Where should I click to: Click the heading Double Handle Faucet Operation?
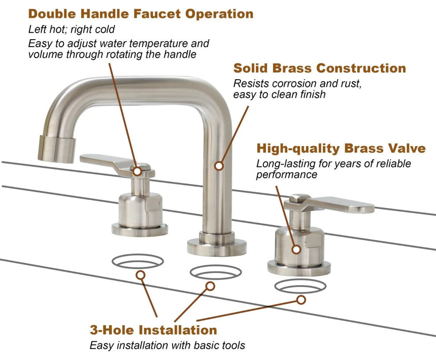point(140,14)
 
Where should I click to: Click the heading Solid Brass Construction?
point(319,68)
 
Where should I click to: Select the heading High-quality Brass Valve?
point(341,148)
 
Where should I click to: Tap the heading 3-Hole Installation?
point(153,330)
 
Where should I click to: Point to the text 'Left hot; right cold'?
point(71,30)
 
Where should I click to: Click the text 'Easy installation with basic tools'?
point(167,345)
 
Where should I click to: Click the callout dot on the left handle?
point(137,171)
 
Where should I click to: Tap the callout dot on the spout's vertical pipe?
point(218,166)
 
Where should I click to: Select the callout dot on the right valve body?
point(296,249)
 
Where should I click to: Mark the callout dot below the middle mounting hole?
point(210,287)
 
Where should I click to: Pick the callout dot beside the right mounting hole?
point(301,300)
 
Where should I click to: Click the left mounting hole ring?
point(137,261)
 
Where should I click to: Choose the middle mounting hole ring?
point(215,272)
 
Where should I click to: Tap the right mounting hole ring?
point(300,286)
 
